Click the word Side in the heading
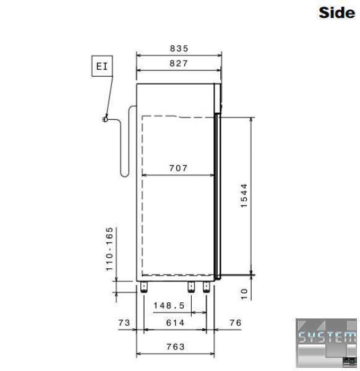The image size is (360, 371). click(x=336, y=12)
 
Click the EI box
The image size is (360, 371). click(x=102, y=66)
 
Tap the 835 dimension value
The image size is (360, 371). click(x=179, y=48)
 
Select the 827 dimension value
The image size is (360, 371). click(x=179, y=64)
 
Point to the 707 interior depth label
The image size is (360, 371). click(x=178, y=168)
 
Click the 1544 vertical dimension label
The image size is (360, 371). click(x=244, y=195)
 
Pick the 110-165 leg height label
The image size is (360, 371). click(x=109, y=249)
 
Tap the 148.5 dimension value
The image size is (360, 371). click(x=169, y=305)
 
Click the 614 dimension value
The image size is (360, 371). click(x=175, y=323)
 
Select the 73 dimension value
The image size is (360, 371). click(x=124, y=323)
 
